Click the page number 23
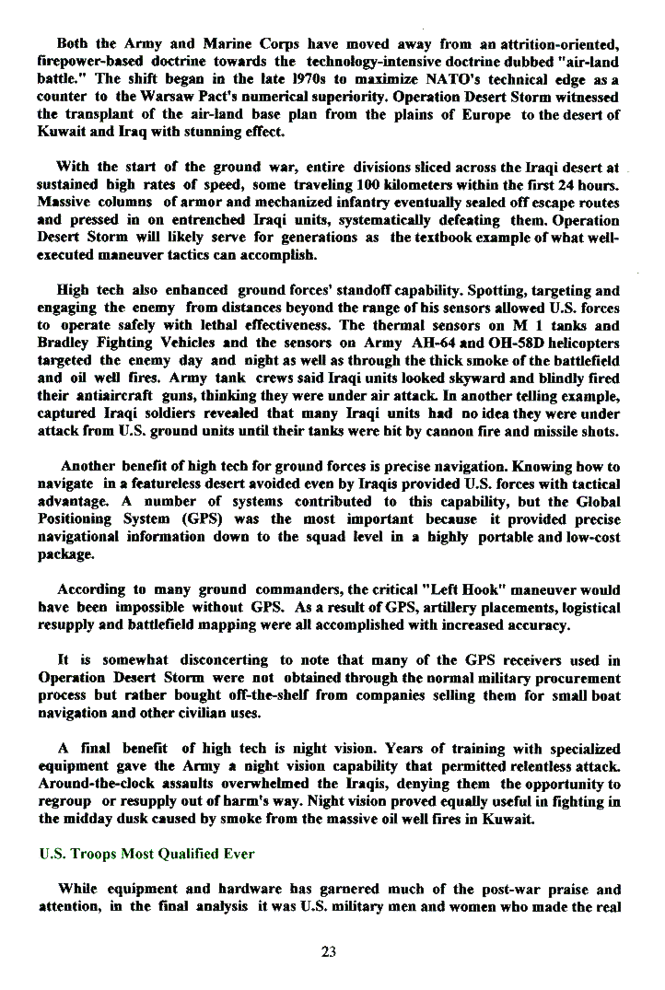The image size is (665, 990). (x=329, y=951)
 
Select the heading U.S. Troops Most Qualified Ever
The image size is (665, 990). (x=146, y=854)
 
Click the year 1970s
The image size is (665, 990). (x=296, y=81)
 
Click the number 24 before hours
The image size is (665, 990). (x=571, y=184)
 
